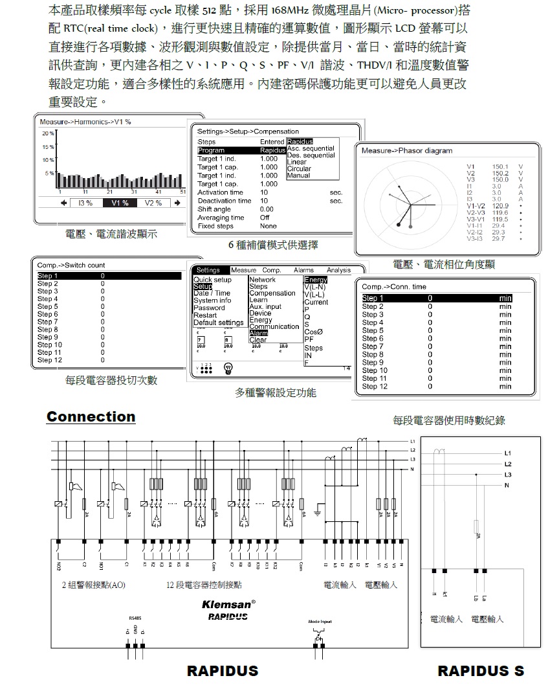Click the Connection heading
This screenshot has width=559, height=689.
(x=91, y=417)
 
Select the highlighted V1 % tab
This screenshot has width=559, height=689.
(x=120, y=203)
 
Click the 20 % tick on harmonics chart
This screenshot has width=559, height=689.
(x=48, y=133)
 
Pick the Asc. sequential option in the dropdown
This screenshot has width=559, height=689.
(x=311, y=148)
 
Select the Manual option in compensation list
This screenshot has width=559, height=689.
(x=299, y=175)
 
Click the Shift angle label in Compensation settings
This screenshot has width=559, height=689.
(x=214, y=209)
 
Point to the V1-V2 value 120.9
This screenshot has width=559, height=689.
(x=500, y=206)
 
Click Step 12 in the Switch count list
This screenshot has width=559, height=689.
(x=49, y=360)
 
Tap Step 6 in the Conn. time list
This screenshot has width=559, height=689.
(x=373, y=339)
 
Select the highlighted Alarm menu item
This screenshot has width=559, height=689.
(x=258, y=333)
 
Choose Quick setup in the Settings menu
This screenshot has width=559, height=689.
(x=212, y=280)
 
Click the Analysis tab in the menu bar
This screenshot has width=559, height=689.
(x=338, y=270)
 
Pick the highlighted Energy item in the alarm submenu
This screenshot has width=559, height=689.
(x=316, y=280)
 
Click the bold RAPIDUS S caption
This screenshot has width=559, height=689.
(x=481, y=671)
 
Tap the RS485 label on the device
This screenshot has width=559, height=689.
(x=135, y=618)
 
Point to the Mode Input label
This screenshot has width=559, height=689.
(x=319, y=622)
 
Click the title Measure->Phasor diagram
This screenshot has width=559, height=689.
(x=406, y=151)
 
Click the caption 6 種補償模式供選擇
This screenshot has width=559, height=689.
(x=272, y=245)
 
